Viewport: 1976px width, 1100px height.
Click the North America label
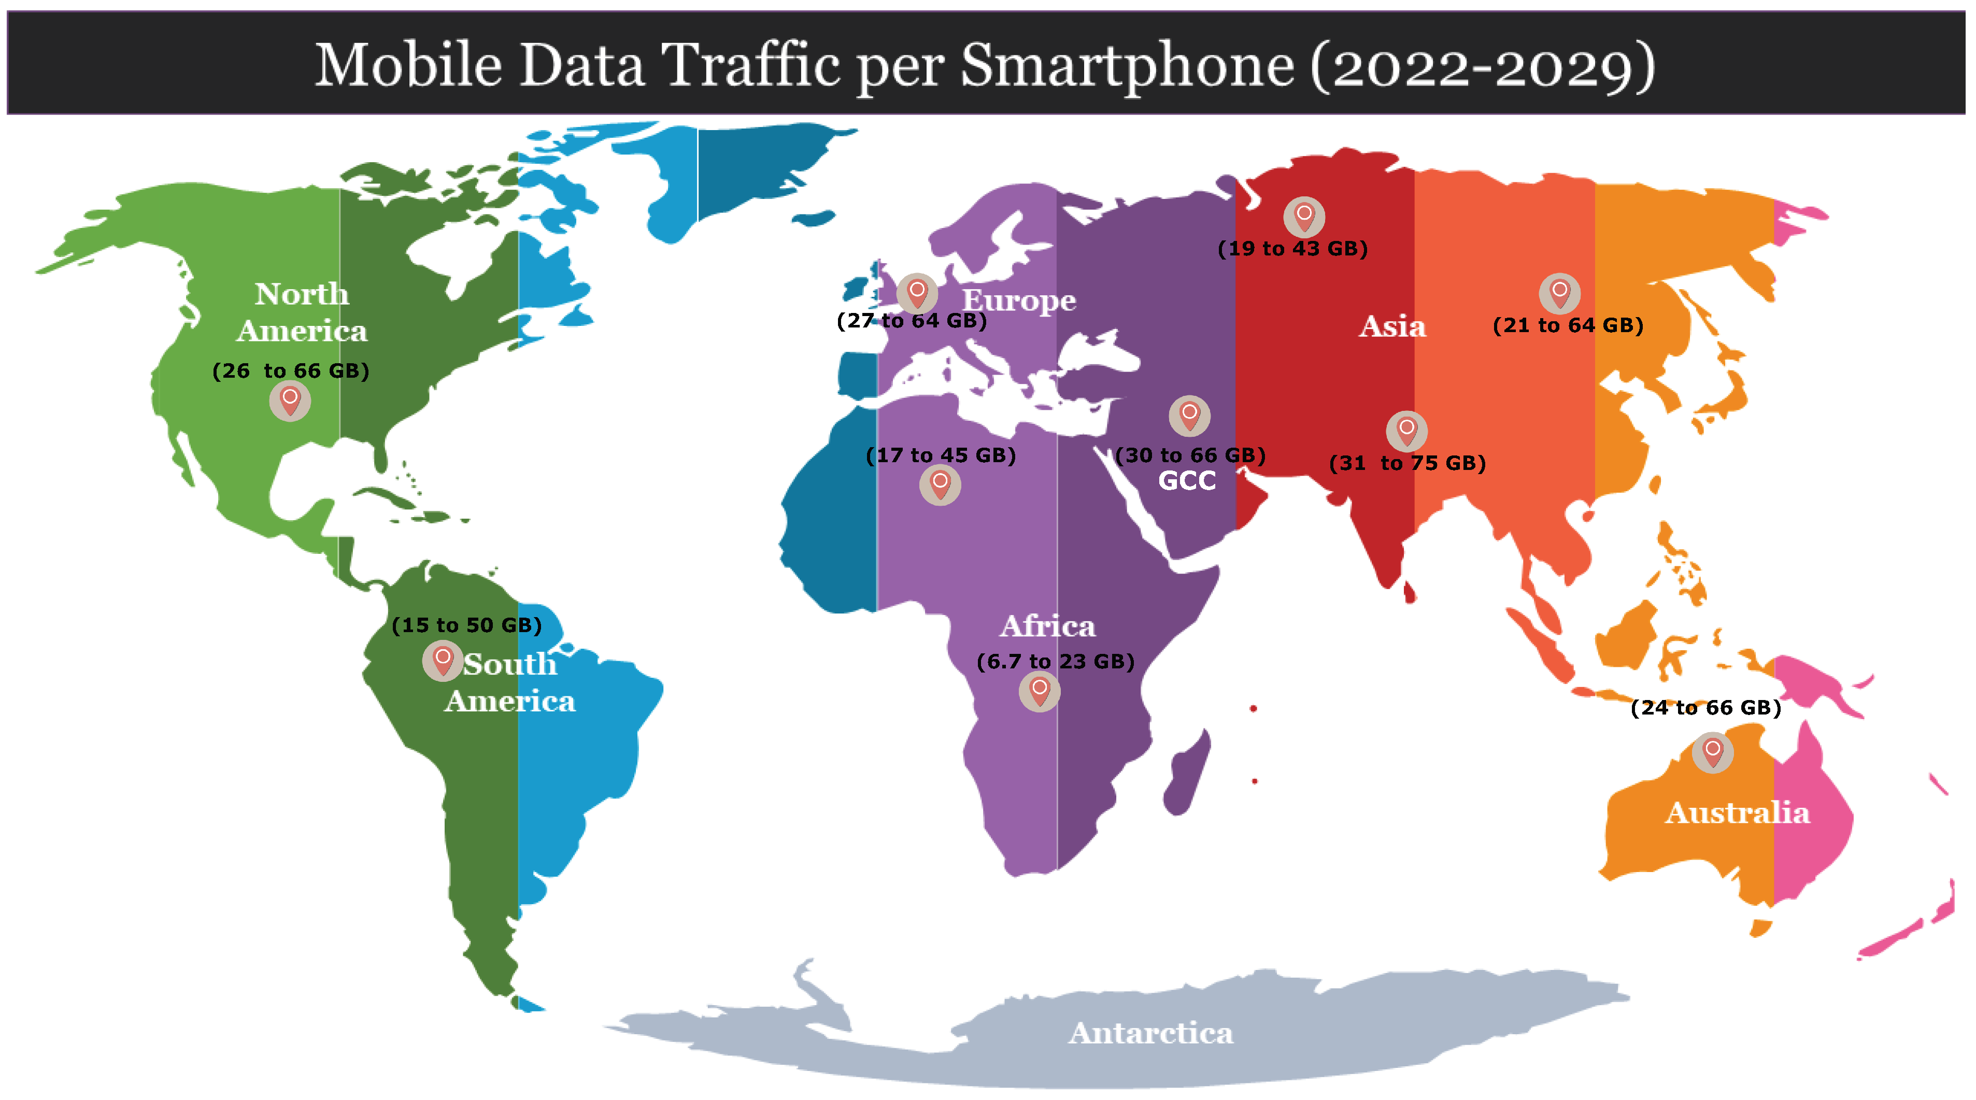[302, 312]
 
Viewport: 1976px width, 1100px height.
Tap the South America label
[510, 682]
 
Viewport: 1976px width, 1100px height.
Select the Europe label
[1019, 300]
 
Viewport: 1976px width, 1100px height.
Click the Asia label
[1392, 327]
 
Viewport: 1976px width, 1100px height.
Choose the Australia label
[1737, 812]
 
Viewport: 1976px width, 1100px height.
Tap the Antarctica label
[1150, 1033]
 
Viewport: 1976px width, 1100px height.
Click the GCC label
[1187, 481]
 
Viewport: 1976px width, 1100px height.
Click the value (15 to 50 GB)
[466, 625]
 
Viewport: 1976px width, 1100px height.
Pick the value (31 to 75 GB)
[1407, 463]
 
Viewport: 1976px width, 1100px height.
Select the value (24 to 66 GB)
[1705, 707]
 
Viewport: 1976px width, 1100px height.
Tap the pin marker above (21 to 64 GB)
[1559, 292]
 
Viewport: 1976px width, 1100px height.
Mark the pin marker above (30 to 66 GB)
[1189, 415]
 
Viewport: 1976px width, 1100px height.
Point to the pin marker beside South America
[443, 660]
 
